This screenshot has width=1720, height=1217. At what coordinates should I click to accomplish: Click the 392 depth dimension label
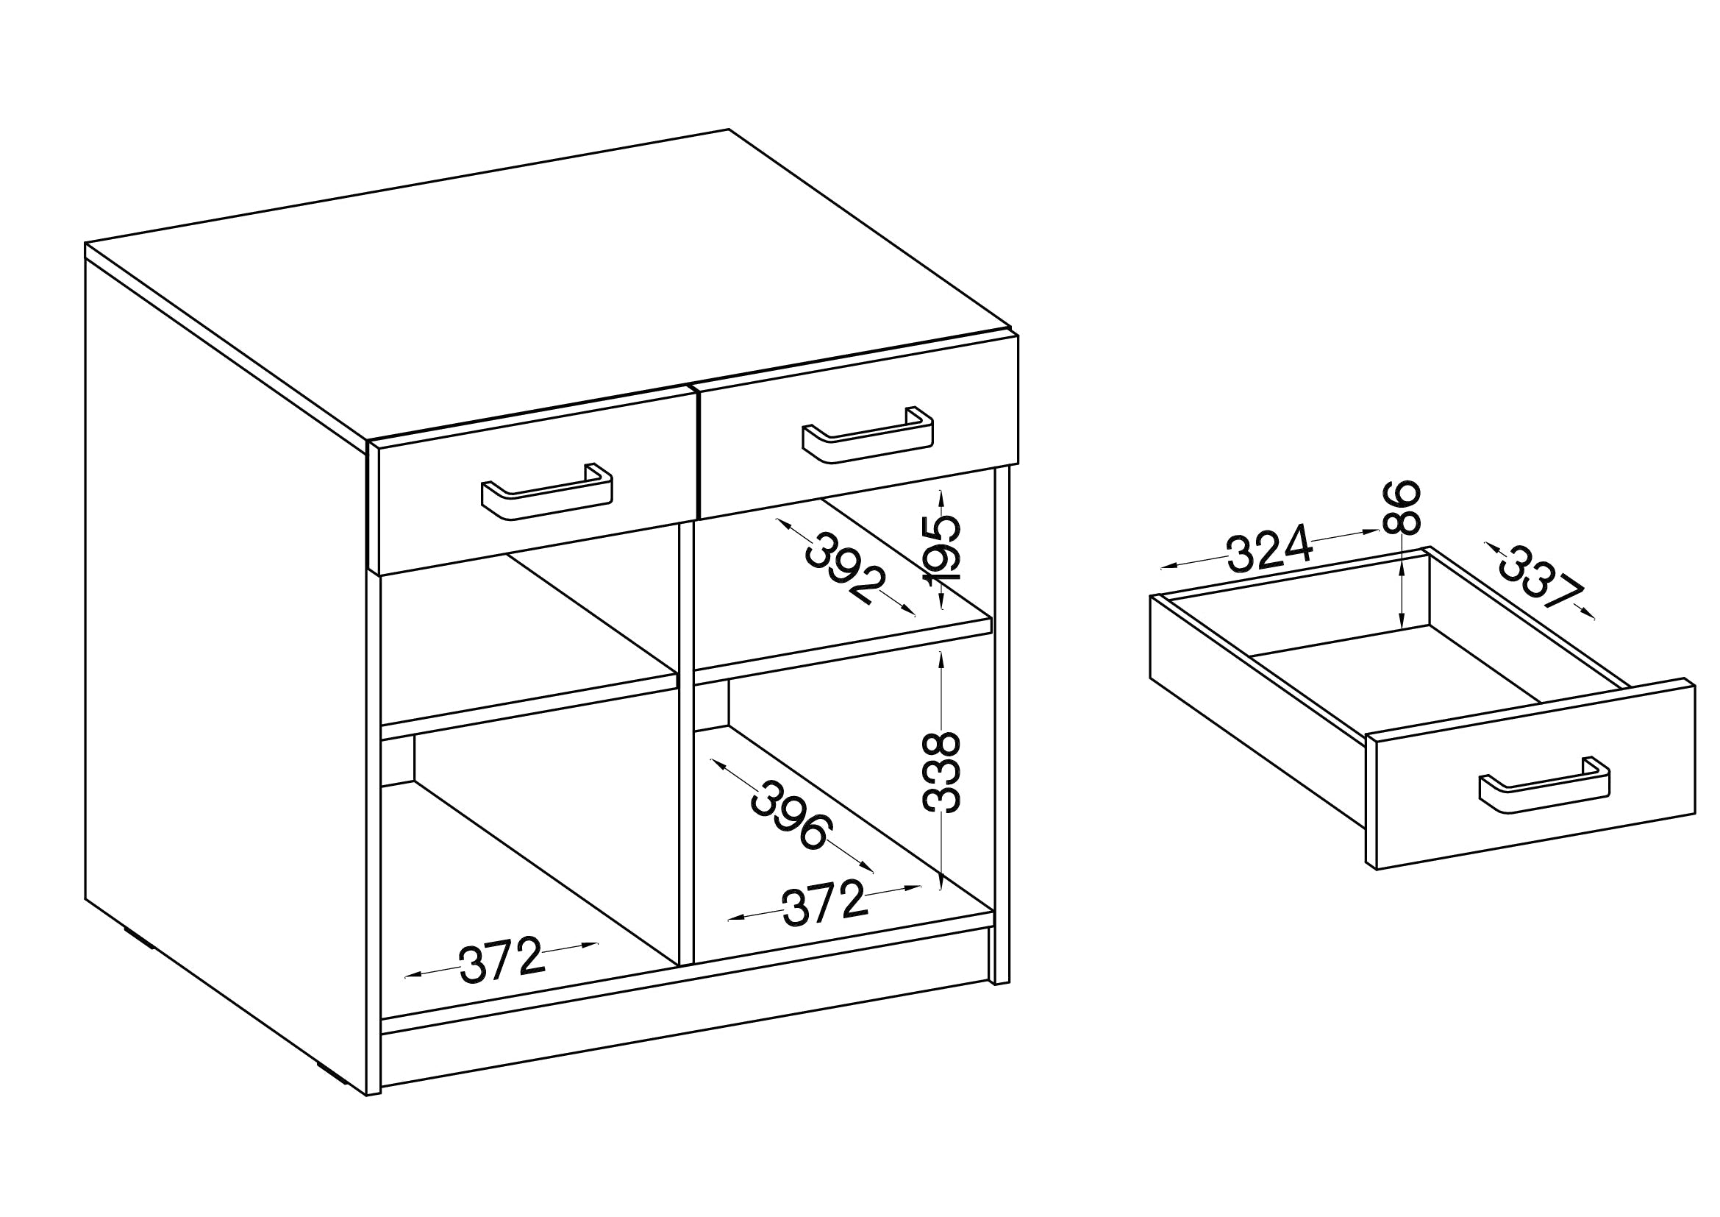(x=846, y=568)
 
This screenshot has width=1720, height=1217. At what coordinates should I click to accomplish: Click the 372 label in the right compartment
(x=824, y=903)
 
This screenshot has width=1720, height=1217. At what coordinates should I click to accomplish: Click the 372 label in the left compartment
(x=502, y=960)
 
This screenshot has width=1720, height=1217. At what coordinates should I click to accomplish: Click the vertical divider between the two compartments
(x=685, y=749)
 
